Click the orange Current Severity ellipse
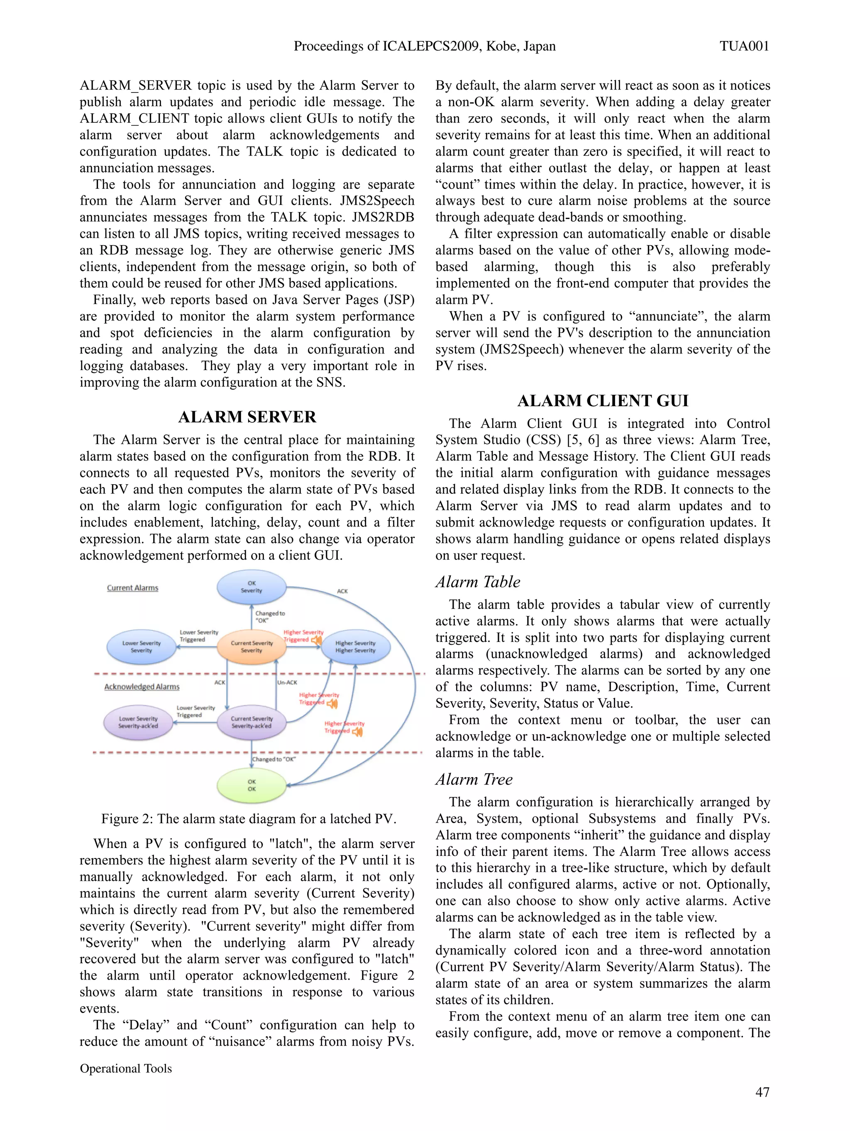pyautogui.click(x=251, y=647)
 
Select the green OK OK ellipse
pyautogui.click(x=251, y=785)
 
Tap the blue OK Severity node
pyautogui.click(x=251, y=587)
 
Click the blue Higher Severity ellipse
pyautogui.click(x=355, y=647)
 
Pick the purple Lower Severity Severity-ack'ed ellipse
pyautogui.click(x=138, y=722)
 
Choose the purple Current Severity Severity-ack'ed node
pyautogui.click(x=251, y=722)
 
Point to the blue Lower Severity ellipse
pyautogui.click(x=141, y=647)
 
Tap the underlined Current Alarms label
pyautogui.click(x=132, y=588)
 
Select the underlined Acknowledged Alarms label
pyautogui.click(x=142, y=687)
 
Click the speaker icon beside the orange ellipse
pyautogui.click(x=317, y=640)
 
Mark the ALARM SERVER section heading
pyautogui.click(x=247, y=417)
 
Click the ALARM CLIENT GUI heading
pyautogui.click(x=603, y=400)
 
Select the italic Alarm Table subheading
pyautogui.click(x=478, y=582)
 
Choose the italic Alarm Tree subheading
pyautogui.click(x=474, y=779)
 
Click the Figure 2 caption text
pyautogui.click(x=249, y=819)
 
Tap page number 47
pyautogui.click(x=762, y=1092)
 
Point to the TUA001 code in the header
pyautogui.click(x=744, y=46)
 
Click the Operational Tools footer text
pyautogui.click(x=126, y=1068)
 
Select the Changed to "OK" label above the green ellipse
pyautogui.click(x=274, y=759)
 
